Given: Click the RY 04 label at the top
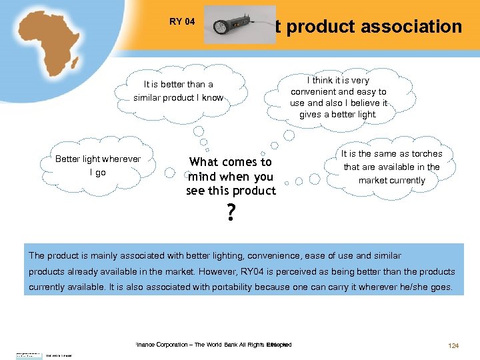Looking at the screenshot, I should click(x=182, y=22).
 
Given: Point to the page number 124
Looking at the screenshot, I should click(x=453, y=345).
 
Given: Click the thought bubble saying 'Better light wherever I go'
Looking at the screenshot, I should click(x=98, y=165).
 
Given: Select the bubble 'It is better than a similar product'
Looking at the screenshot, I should click(x=179, y=91).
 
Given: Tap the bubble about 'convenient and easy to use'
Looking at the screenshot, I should click(x=338, y=97).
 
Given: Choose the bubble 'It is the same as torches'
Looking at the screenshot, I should click(x=391, y=167).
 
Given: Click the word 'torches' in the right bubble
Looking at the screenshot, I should click(x=427, y=154).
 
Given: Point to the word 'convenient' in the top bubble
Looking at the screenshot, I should click(x=313, y=92).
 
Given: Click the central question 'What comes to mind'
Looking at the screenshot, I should click(x=231, y=176).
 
